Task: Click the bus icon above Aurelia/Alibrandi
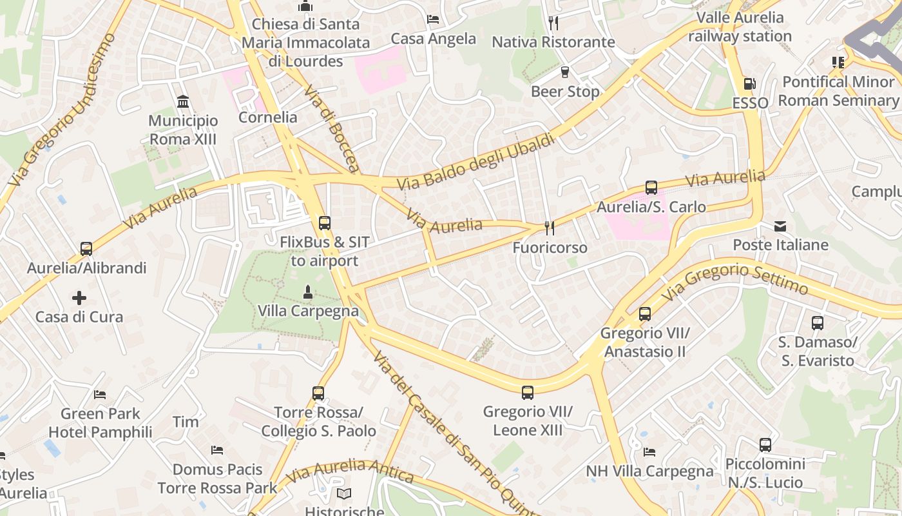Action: tap(86, 248)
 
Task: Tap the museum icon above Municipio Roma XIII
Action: tap(183, 101)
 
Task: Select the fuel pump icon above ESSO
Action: tap(749, 84)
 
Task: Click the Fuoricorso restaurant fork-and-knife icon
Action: tap(550, 228)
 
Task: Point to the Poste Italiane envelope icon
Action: tap(780, 226)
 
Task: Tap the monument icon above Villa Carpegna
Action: tap(307, 292)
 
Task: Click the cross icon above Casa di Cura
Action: tap(79, 297)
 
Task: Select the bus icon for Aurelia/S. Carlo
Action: tap(651, 188)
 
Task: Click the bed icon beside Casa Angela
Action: tap(433, 19)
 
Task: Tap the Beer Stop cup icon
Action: tap(565, 72)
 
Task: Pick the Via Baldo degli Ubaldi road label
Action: tap(475, 161)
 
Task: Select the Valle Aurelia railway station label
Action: tap(740, 26)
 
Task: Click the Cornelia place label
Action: tap(267, 117)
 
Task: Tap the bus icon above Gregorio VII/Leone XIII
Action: tap(528, 392)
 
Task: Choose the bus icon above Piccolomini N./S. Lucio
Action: tap(765, 444)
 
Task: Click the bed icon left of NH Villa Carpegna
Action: tap(649, 451)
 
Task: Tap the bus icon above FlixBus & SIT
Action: tap(325, 223)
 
